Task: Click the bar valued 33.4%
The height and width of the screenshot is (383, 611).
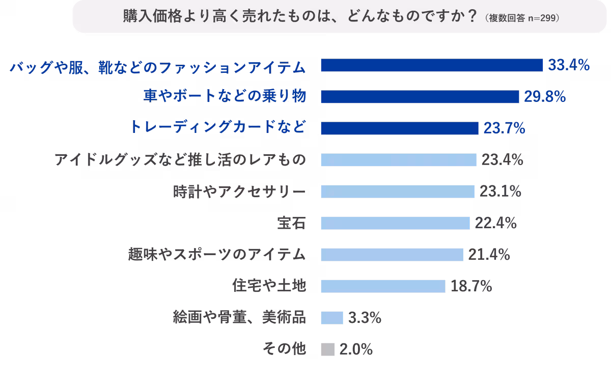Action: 432,65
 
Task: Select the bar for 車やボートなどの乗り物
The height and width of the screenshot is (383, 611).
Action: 420,97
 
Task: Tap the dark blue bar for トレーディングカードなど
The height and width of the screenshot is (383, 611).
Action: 399,128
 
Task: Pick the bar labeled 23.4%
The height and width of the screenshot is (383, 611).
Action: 398,160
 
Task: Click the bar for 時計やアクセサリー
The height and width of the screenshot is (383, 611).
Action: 397,191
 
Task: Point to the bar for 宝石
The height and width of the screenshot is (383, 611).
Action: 395,223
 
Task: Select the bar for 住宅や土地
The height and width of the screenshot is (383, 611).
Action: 383,286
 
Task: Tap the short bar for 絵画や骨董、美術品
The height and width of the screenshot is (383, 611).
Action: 332,318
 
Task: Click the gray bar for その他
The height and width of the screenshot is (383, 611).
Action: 328,349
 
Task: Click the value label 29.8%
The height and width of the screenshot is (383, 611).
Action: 545,97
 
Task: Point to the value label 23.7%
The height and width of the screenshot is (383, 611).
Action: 504,128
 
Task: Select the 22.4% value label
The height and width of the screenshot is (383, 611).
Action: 496,223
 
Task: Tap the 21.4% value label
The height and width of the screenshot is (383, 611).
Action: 489,255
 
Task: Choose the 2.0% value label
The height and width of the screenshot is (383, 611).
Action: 356,349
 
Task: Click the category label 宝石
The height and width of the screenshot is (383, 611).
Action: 291,223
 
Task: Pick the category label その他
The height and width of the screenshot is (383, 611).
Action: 284,349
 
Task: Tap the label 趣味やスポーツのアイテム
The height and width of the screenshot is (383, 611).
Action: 218,255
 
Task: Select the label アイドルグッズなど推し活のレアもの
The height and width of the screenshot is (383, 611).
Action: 180,160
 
